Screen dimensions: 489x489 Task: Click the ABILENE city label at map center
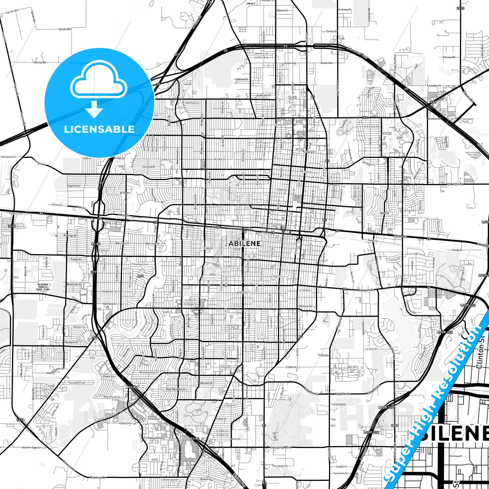point(245,243)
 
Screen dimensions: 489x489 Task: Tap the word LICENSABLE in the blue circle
point(99,129)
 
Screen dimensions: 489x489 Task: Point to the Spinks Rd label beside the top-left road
point(65,29)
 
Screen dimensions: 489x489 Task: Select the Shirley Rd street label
point(40,62)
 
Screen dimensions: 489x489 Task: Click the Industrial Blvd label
point(281,447)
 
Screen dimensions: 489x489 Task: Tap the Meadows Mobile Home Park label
point(43,287)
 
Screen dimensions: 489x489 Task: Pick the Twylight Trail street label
point(76,383)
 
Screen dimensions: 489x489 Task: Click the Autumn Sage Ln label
point(31,447)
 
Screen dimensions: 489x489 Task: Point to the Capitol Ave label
point(74,186)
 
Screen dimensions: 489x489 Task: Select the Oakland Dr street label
point(242,79)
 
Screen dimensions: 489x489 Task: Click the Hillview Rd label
point(449,57)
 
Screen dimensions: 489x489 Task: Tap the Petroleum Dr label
point(279,466)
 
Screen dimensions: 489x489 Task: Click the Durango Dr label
point(70,236)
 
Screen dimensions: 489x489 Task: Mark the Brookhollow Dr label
point(150,373)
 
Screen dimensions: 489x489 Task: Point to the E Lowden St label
point(434,86)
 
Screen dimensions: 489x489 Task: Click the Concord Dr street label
point(149,167)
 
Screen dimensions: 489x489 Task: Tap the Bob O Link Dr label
point(112,397)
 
